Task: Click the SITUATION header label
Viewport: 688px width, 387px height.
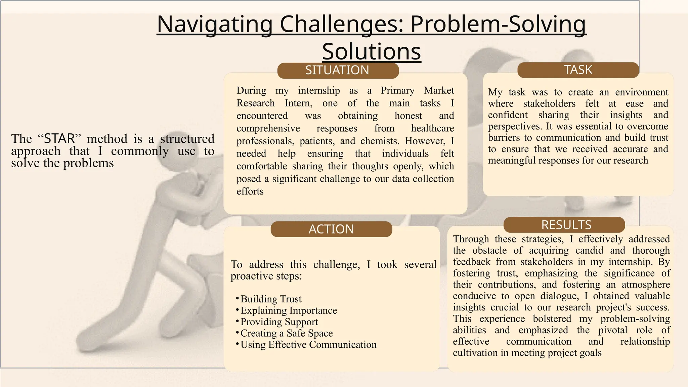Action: point(337,70)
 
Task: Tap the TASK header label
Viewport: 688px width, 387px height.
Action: point(578,70)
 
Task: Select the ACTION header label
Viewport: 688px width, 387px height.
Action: point(331,229)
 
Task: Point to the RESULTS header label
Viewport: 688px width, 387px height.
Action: point(566,225)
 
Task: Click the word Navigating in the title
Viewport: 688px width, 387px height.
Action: point(214,24)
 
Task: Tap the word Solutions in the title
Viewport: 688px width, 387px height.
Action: point(372,51)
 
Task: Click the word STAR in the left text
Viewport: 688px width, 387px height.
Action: point(59,138)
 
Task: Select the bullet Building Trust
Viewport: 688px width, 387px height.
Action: point(271,299)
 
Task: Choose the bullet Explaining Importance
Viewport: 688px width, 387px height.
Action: point(289,310)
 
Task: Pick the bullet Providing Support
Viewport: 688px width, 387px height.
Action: point(279,322)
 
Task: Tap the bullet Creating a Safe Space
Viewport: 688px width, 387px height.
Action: point(287,333)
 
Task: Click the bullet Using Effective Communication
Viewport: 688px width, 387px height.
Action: point(308,345)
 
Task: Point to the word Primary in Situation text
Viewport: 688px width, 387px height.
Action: point(397,90)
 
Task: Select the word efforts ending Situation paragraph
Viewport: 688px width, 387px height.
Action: point(250,191)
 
